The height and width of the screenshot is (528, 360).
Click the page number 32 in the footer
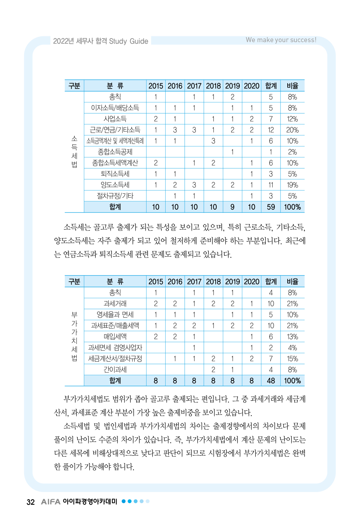(31, 502)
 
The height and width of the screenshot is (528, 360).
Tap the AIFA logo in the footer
(50, 502)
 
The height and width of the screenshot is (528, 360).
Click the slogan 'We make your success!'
(281, 40)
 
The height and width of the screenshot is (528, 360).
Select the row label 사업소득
(115, 119)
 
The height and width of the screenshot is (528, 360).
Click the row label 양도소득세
(115, 185)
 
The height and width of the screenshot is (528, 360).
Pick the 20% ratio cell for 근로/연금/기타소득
(292, 130)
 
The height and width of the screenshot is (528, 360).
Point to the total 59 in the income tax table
(271, 207)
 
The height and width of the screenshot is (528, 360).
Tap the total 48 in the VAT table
(271, 381)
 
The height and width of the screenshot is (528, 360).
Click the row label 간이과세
(115, 370)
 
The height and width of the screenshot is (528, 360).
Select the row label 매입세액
(115, 337)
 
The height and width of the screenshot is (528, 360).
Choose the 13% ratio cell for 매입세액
(292, 337)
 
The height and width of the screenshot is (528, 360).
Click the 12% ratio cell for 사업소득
(292, 119)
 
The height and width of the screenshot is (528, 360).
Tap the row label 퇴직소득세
(115, 174)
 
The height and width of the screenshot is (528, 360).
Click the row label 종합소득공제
(115, 152)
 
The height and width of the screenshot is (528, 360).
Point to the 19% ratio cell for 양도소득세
(292, 185)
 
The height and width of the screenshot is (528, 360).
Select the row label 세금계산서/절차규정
(115, 359)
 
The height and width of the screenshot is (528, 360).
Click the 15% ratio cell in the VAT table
(292, 359)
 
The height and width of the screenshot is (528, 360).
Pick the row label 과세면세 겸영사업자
(115, 348)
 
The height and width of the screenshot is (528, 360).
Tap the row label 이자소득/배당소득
(115, 108)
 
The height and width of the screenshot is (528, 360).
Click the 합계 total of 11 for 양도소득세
(271, 185)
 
